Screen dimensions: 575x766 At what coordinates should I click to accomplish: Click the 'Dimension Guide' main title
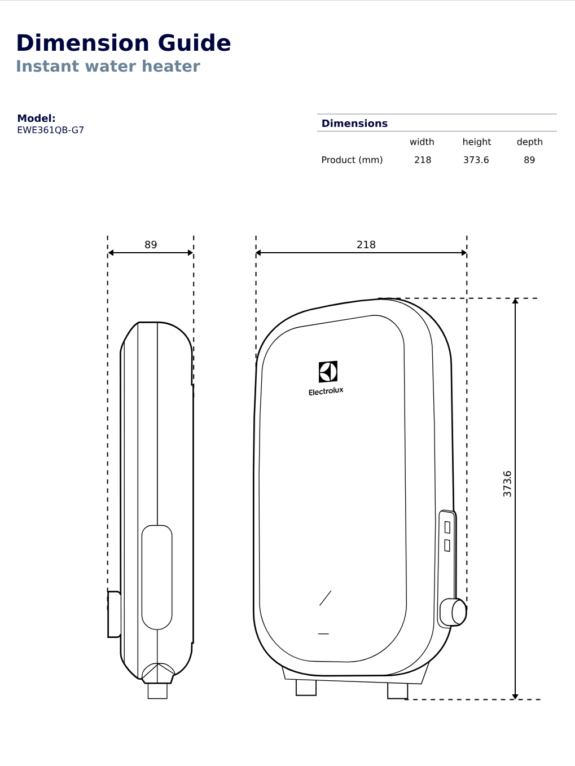tap(124, 43)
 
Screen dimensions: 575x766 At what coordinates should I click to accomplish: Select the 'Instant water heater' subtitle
tap(108, 67)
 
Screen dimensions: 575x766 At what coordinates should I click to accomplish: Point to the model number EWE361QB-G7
tap(51, 130)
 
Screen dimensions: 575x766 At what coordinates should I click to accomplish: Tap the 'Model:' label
tap(36, 118)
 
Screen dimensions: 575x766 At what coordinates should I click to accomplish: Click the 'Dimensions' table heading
tap(354, 123)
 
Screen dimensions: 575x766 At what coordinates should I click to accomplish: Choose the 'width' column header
tap(422, 142)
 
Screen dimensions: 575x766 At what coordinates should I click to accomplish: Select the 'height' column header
tap(477, 142)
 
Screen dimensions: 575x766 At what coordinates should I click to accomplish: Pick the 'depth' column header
tap(530, 142)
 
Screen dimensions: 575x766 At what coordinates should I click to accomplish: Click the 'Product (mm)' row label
tap(352, 160)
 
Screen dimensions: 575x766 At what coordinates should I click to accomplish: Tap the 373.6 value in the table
tap(476, 160)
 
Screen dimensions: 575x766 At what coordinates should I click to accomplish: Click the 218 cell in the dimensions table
tap(423, 160)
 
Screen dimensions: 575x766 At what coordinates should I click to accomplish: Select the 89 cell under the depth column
tap(529, 160)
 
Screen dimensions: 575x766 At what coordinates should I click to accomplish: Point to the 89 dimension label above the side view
tap(151, 245)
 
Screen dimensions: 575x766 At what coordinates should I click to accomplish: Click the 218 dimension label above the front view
tap(366, 245)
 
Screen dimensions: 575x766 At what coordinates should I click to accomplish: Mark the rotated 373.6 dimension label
tap(507, 483)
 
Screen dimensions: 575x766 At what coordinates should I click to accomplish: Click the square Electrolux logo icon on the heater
tap(328, 372)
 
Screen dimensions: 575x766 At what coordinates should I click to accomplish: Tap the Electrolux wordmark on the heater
tap(326, 391)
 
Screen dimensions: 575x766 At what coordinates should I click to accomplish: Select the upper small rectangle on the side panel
tap(447, 527)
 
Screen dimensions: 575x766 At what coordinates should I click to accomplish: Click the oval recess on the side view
tap(157, 577)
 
